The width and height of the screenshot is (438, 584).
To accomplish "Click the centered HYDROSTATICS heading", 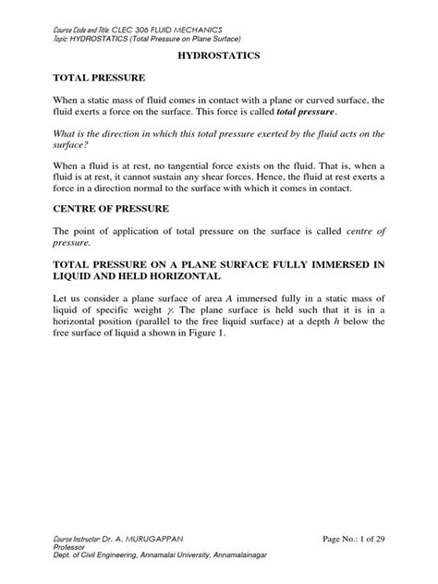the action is (219, 55).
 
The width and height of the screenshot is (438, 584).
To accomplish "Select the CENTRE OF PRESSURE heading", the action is (110, 210).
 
